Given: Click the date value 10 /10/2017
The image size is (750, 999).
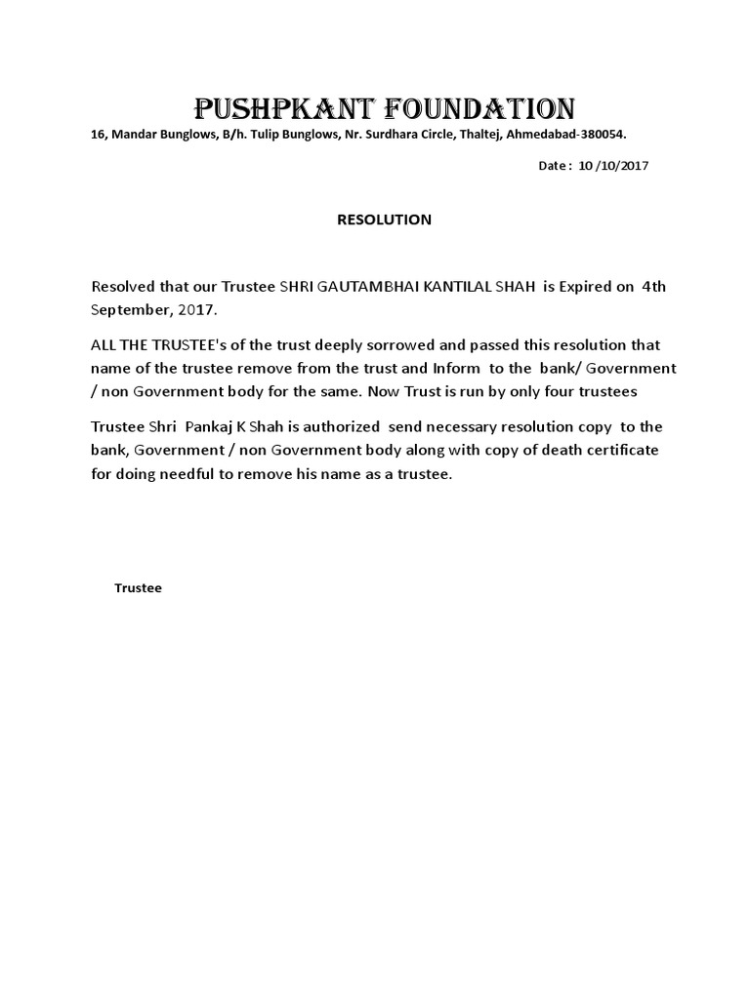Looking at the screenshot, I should pos(613,166).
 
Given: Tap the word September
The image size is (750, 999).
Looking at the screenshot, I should pos(127,309).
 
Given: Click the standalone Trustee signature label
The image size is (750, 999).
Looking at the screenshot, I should pos(138,588).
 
